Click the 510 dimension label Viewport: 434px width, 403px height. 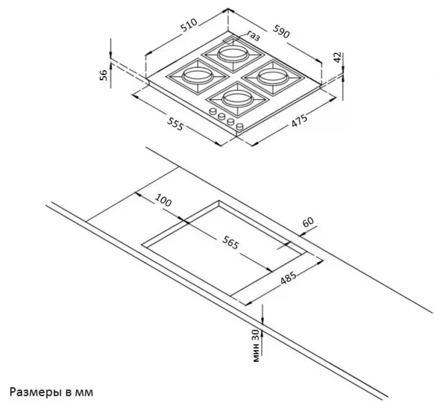point(189,25)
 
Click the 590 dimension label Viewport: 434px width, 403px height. point(281,31)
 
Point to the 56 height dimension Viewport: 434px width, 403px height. point(103,75)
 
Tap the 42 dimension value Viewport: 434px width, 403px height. point(337,58)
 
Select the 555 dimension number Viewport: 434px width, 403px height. point(175,124)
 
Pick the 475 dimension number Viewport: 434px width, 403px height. point(299,120)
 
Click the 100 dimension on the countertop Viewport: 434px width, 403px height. point(163,200)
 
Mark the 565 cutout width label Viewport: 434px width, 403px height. point(230,242)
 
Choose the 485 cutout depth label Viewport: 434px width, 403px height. point(289,278)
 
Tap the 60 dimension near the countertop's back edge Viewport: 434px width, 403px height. point(308,221)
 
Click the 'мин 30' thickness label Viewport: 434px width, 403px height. point(256,345)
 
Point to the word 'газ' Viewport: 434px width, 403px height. point(253,35)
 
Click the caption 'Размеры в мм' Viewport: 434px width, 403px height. point(51,392)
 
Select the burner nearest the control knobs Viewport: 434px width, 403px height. point(238,98)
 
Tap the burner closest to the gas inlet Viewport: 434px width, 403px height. point(232,54)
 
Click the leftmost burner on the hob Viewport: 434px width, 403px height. point(197,75)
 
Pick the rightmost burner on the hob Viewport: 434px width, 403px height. point(273,76)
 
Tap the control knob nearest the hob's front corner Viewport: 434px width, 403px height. point(239,127)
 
